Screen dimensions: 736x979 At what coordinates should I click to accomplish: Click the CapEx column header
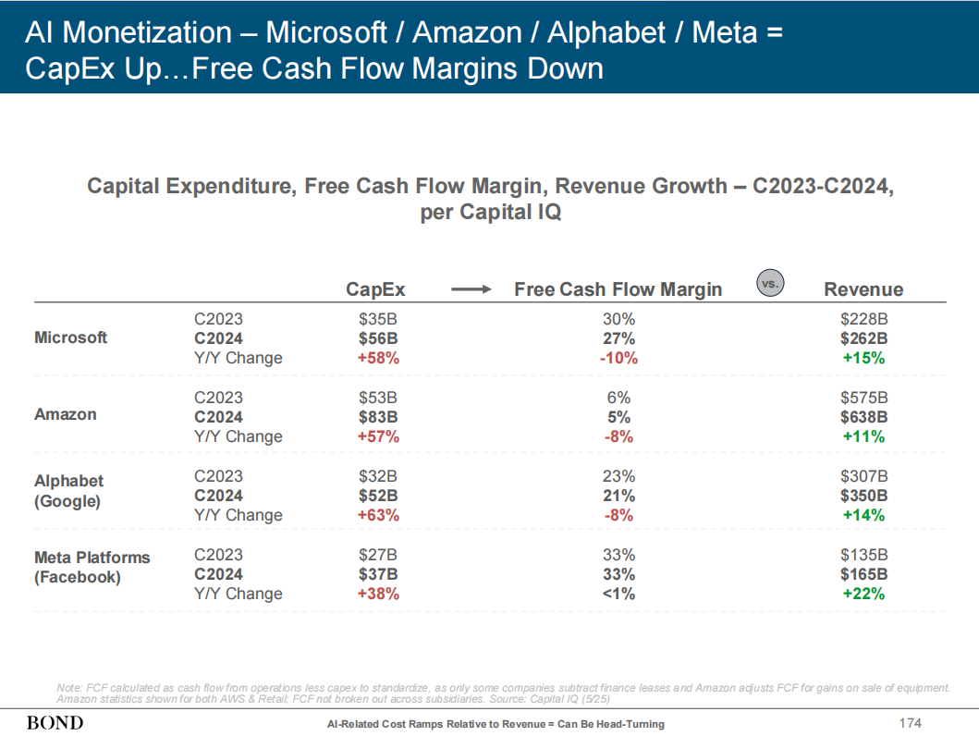pyautogui.click(x=375, y=289)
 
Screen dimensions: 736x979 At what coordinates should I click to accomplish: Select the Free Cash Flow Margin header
pyautogui.click(x=618, y=289)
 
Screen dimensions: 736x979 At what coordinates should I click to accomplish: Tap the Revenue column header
pyautogui.click(x=863, y=289)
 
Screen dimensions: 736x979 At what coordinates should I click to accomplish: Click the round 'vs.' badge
pyautogui.click(x=769, y=284)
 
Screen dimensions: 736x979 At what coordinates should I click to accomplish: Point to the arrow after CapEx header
pyautogui.click(x=471, y=289)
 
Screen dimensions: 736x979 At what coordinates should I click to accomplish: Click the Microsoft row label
pyautogui.click(x=70, y=337)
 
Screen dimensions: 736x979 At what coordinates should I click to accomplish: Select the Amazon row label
pyautogui.click(x=66, y=414)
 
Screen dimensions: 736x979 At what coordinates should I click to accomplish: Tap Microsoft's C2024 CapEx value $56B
pyautogui.click(x=377, y=338)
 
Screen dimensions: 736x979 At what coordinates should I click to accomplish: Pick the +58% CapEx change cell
pyautogui.click(x=377, y=358)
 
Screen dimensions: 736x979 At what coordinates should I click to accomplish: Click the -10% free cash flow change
pyautogui.click(x=618, y=358)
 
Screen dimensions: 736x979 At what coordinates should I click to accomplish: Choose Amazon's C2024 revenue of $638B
pyautogui.click(x=863, y=417)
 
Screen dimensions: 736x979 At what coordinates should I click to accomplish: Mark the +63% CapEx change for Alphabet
pyautogui.click(x=377, y=515)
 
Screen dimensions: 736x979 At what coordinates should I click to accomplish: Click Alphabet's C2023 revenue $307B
pyautogui.click(x=863, y=476)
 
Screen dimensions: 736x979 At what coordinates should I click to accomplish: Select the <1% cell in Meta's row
pyautogui.click(x=618, y=594)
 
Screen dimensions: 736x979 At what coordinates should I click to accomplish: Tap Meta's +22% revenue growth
pyautogui.click(x=863, y=594)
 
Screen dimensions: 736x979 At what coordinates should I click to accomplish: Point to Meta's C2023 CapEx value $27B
pyautogui.click(x=377, y=555)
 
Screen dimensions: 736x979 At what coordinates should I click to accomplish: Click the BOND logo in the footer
pyautogui.click(x=55, y=722)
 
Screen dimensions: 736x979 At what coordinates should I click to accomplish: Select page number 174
pyautogui.click(x=912, y=722)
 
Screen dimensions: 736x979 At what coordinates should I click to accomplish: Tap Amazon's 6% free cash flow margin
pyautogui.click(x=618, y=398)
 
